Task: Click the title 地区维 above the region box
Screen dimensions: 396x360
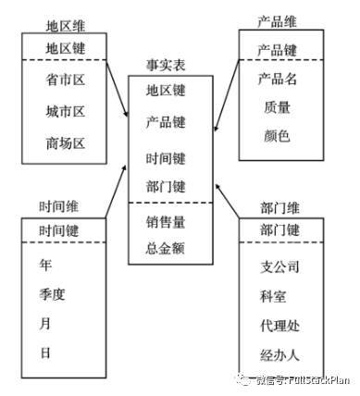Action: pyautogui.click(x=65, y=24)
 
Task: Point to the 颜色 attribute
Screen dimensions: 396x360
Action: pyautogui.click(x=277, y=135)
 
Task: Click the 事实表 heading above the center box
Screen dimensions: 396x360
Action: pyautogui.click(x=168, y=66)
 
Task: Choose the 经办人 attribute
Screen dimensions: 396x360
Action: pyautogui.click(x=281, y=355)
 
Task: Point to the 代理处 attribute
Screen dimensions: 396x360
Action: pyautogui.click(x=281, y=327)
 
